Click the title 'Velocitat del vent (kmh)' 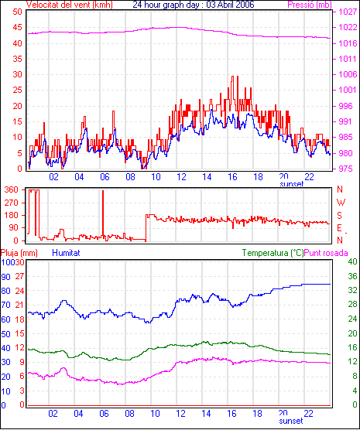tap(69, 5)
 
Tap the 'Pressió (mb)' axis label tap(310, 5)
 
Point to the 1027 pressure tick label tap(348, 12)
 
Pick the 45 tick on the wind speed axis tap(17, 27)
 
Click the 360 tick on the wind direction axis tap(12, 189)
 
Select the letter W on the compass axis tap(341, 203)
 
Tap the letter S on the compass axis tap(339, 216)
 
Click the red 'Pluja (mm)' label tap(19, 253)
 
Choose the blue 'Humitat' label tap(66, 253)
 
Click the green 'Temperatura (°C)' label tap(273, 253)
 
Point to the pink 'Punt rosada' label tap(326, 253)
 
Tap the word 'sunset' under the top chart tap(291, 184)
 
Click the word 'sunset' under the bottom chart tap(291, 421)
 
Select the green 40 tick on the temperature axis tap(352, 261)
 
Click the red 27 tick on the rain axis tap(19, 276)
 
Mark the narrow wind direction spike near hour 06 tap(103, 213)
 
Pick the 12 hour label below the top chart tap(181, 177)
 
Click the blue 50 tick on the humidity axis tap(5, 334)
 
